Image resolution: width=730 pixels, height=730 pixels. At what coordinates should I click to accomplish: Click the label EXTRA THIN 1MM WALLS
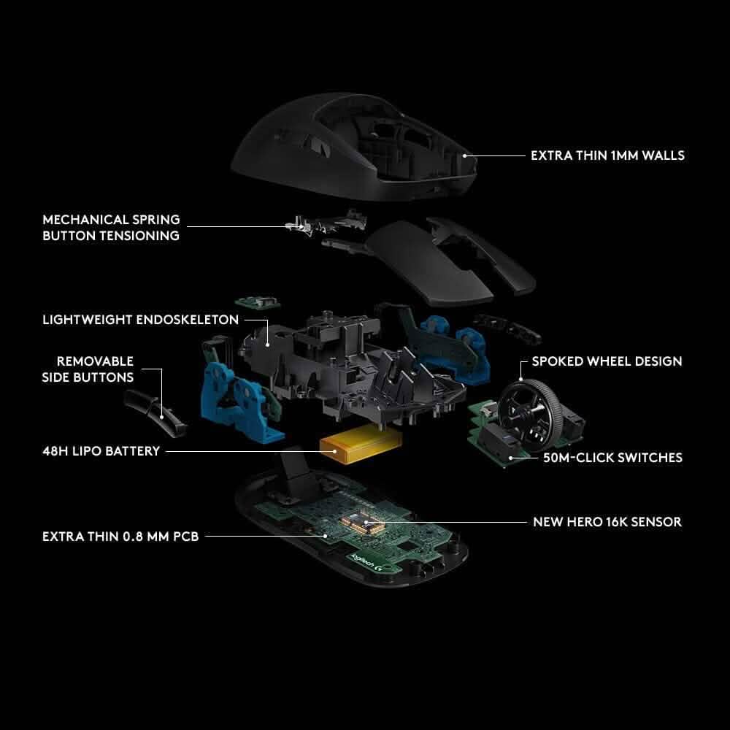607,155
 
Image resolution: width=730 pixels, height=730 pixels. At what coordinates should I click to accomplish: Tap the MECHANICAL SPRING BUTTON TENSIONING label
111,228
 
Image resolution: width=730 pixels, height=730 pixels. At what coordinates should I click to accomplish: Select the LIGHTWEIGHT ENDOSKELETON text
141,320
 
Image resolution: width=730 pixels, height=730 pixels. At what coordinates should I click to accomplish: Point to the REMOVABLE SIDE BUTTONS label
95,369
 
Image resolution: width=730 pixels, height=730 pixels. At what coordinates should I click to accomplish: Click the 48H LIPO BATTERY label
101,451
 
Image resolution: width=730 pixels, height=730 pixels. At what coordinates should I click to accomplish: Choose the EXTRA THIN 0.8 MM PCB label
120,537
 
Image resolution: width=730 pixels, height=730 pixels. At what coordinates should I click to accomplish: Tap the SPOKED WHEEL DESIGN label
607,361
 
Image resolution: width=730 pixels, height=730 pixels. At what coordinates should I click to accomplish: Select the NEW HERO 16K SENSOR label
607,522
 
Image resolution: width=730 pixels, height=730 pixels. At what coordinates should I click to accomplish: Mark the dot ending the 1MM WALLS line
466,155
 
